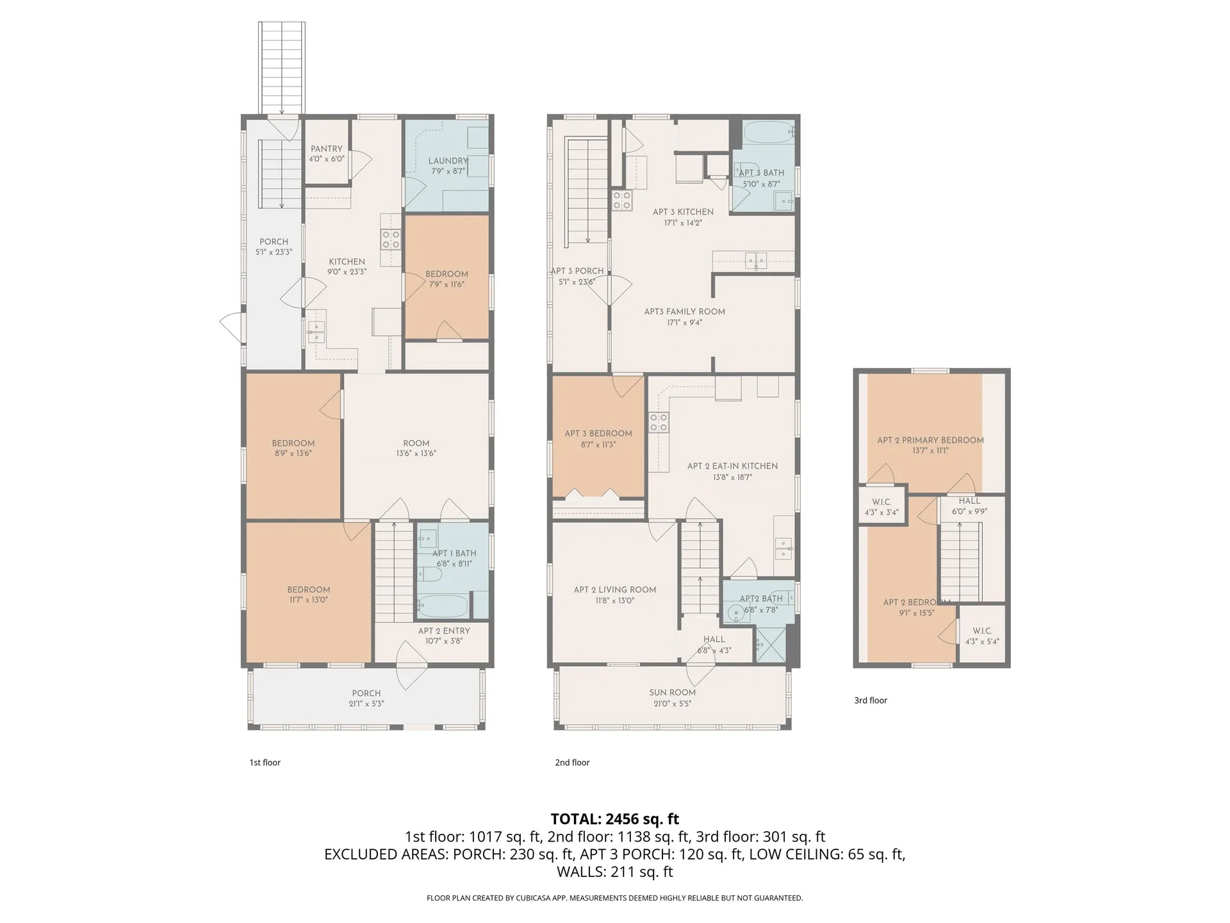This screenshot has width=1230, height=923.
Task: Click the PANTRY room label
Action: tap(327, 149)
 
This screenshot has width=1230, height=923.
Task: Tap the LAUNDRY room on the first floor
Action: tap(448, 166)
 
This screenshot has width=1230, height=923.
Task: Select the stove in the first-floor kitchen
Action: tap(391, 240)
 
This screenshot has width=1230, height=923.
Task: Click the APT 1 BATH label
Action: tap(454, 553)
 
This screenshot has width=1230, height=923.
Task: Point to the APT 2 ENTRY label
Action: tap(444, 631)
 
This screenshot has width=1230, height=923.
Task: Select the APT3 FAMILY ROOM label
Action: tap(684, 312)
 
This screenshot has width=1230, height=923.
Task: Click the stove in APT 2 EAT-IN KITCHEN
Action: tap(659, 423)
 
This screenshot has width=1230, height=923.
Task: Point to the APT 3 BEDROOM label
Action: tap(598, 433)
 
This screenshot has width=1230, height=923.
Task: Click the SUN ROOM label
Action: tap(672, 692)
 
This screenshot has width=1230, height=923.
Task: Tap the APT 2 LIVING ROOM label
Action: tap(615, 590)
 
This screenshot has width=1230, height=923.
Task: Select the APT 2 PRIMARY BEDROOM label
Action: tap(930, 440)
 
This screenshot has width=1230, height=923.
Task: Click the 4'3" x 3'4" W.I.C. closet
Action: tap(882, 506)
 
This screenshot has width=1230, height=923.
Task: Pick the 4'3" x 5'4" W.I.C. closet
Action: tap(982, 635)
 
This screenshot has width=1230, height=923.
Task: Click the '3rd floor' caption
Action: tap(871, 701)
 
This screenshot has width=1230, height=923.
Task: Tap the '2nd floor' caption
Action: tap(572, 763)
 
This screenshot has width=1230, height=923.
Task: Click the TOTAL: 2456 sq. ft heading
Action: tap(614, 819)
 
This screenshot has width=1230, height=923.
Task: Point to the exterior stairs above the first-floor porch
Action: tap(282, 67)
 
